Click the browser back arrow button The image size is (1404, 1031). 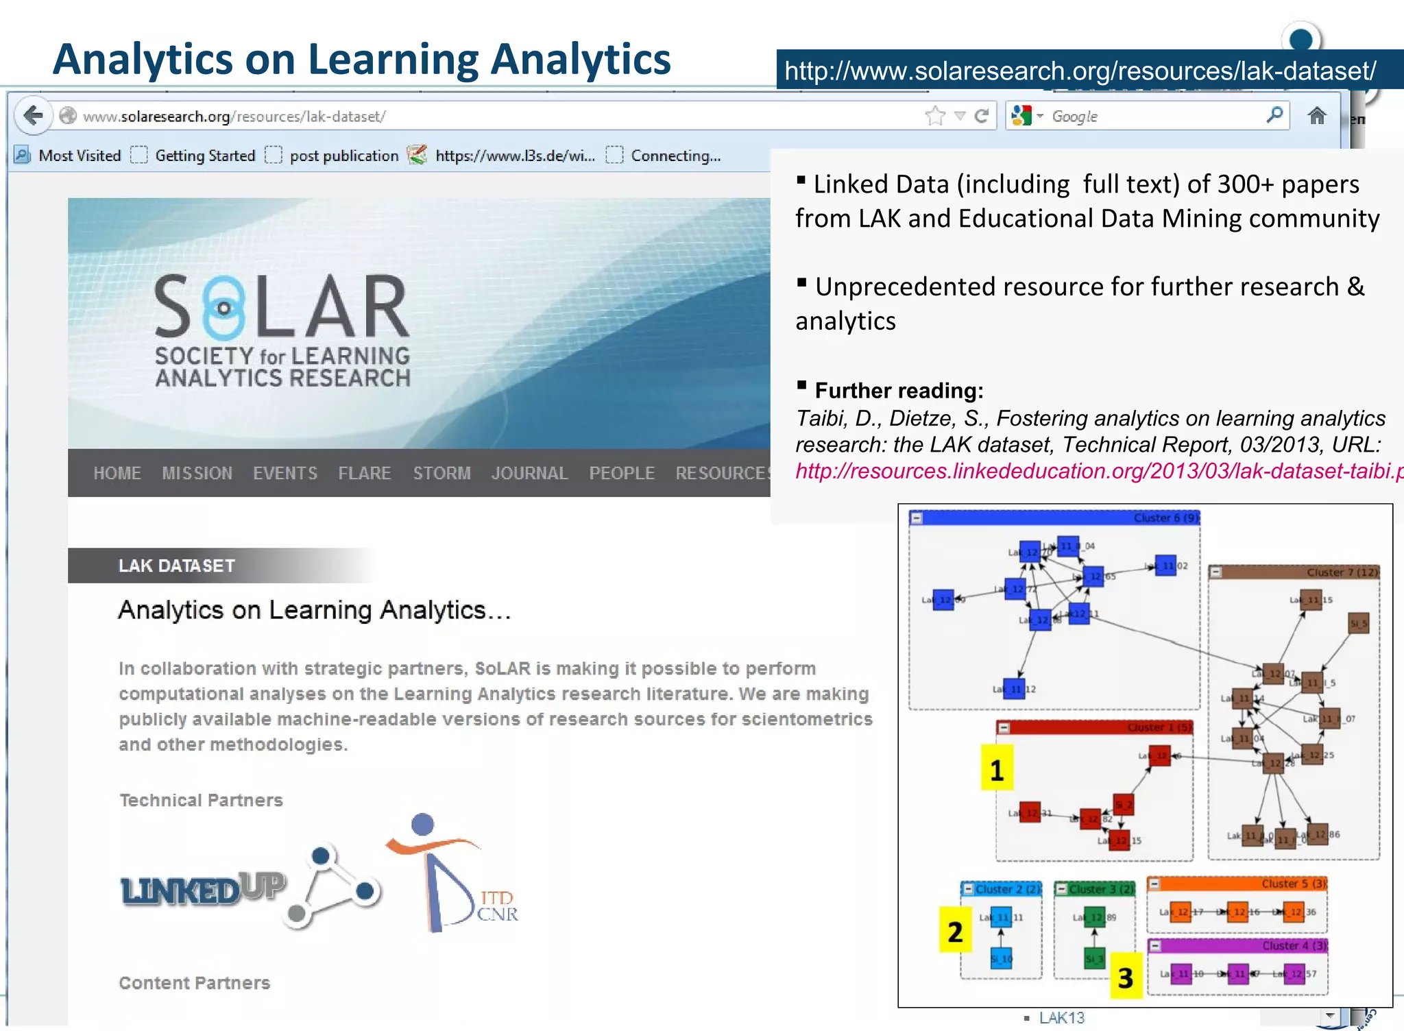(33, 116)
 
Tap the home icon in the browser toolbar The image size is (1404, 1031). (1316, 116)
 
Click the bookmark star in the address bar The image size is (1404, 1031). (934, 116)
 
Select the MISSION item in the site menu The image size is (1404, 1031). (197, 473)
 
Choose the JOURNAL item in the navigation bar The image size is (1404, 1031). (529, 473)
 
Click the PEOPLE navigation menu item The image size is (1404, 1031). (622, 473)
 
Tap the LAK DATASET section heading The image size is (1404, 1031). (177, 566)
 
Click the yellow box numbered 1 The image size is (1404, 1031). (997, 769)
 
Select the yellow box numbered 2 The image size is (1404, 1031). (955, 931)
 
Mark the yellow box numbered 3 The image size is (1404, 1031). (1125, 977)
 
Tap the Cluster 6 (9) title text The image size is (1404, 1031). (1165, 518)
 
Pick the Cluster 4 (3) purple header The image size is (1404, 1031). (1294, 946)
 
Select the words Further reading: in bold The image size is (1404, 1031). (899, 391)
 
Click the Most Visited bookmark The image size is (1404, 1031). (79, 156)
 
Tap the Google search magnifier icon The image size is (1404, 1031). (1274, 115)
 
